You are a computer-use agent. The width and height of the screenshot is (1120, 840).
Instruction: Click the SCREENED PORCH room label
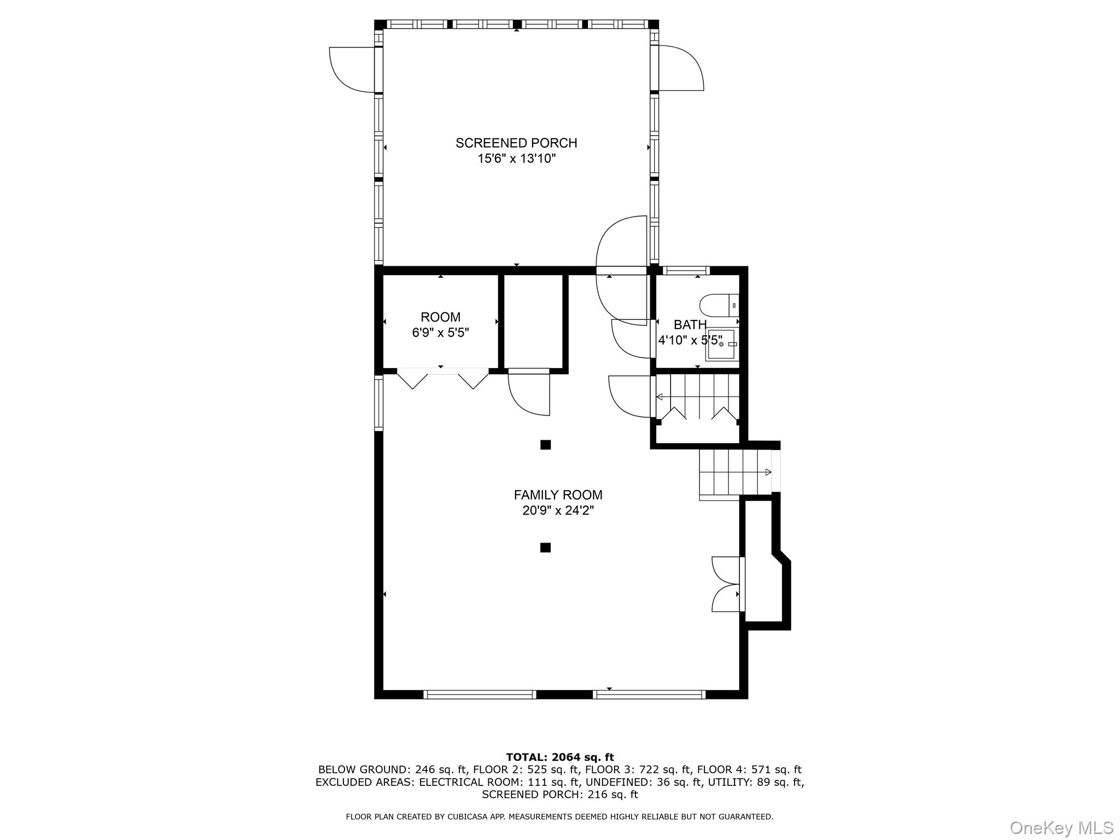pyautogui.click(x=516, y=143)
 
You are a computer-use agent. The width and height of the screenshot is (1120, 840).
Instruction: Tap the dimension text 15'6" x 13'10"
pyautogui.click(x=516, y=159)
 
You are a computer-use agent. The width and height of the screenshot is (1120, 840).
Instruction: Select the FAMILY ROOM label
pyautogui.click(x=558, y=495)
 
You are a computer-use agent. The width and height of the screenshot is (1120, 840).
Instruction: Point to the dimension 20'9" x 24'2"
pyautogui.click(x=558, y=511)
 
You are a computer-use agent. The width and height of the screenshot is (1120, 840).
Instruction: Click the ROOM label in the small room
pyautogui.click(x=440, y=317)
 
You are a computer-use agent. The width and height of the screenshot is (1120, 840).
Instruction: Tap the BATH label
pyautogui.click(x=690, y=325)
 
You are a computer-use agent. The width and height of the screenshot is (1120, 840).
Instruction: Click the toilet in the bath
pyautogui.click(x=719, y=305)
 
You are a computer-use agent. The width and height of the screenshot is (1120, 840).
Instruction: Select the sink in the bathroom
pyautogui.click(x=721, y=344)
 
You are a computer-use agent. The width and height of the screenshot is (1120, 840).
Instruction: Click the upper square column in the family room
pyautogui.click(x=545, y=445)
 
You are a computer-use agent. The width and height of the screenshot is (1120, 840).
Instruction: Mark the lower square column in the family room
pyautogui.click(x=545, y=547)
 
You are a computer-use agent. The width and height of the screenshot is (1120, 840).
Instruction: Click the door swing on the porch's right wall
pyautogui.click(x=681, y=68)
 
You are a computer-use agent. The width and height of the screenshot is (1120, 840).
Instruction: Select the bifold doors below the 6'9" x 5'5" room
pyautogui.click(x=442, y=378)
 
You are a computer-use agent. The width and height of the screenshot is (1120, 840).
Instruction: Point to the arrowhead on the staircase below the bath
pyautogui.click(x=660, y=397)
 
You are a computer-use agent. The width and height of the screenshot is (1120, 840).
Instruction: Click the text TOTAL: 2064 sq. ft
pyautogui.click(x=559, y=757)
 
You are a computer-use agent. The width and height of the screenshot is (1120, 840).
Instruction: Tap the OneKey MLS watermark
pyautogui.click(x=1061, y=827)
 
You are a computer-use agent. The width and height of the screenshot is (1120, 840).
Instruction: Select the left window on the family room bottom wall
pyautogui.click(x=480, y=695)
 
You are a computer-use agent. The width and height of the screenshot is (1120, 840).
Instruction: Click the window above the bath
pyautogui.click(x=686, y=270)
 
